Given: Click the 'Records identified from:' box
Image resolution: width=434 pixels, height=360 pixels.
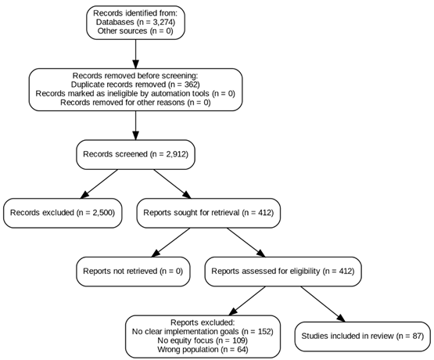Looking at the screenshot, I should (x=135, y=13).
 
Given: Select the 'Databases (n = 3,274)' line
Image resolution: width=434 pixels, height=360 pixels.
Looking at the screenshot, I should (x=135, y=23).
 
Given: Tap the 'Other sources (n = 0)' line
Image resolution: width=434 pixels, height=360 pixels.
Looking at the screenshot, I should (x=135, y=32).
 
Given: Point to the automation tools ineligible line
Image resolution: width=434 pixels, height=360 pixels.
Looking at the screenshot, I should (x=135, y=93).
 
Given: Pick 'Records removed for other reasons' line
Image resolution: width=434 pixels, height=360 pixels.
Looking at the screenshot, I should (x=135, y=103).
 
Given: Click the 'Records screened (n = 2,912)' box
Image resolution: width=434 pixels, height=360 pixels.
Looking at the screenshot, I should (x=135, y=155).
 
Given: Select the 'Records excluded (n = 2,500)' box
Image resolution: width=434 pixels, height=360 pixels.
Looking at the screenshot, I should (x=63, y=212).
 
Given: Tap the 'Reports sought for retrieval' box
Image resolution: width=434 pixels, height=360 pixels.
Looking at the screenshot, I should (x=208, y=212).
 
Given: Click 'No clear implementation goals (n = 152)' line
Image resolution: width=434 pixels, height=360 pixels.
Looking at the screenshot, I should (x=202, y=332).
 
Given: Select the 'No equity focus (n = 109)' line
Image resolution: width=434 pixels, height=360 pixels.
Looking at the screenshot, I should (x=202, y=341).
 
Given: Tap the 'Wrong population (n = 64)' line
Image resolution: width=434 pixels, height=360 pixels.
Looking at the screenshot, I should (x=202, y=350).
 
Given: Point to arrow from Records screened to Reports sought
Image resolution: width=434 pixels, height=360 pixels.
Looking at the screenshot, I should (x=172, y=184).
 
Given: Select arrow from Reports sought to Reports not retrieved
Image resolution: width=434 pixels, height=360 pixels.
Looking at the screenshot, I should (x=168, y=242).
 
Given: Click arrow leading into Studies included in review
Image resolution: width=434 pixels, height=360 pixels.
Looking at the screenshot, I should (x=320, y=304).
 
